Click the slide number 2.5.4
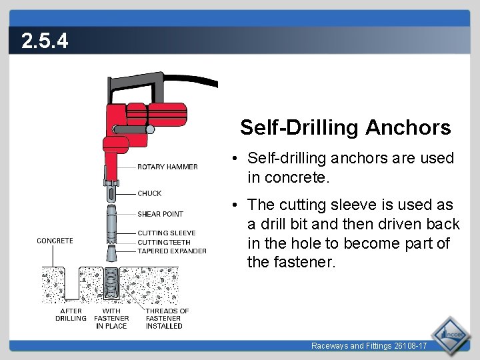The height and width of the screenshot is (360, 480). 45,42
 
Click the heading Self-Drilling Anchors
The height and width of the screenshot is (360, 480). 345,127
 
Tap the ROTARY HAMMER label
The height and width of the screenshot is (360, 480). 167,167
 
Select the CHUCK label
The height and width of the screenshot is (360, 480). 149,193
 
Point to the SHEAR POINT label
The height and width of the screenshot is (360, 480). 160,214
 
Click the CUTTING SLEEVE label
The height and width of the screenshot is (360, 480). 167,233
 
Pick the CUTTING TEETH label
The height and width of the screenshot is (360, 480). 164,242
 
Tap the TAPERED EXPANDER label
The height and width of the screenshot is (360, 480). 172,251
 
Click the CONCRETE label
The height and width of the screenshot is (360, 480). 55,241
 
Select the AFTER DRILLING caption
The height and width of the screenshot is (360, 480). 71,315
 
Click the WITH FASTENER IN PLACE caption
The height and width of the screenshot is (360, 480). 111,318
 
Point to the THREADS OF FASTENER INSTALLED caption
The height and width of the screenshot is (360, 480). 167,318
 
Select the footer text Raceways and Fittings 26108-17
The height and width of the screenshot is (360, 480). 369,345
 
